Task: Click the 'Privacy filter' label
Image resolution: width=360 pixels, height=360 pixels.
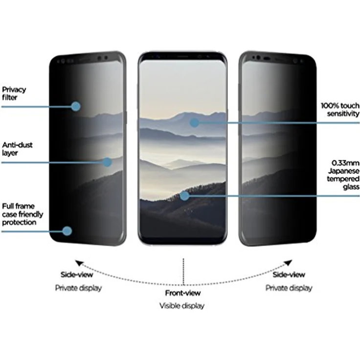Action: pos(14,93)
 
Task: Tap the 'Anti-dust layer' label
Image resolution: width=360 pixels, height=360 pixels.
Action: pos(17,149)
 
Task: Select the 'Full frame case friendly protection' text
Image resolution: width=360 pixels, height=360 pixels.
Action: pos(22,214)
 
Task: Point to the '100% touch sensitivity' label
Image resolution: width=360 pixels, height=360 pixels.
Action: pos(340,109)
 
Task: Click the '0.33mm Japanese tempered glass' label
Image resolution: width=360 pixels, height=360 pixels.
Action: pos(343,175)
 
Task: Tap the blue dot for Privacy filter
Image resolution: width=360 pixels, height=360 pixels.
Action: pos(76,106)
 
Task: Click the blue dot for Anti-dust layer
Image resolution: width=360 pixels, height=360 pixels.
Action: pos(107,162)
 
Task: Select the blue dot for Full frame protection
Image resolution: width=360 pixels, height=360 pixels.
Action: pos(67,231)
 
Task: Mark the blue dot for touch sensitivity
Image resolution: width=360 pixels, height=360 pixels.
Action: pos(194,123)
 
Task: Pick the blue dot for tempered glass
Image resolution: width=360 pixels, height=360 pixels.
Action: pos(184,196)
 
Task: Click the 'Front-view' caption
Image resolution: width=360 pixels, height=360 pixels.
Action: pos(183,293)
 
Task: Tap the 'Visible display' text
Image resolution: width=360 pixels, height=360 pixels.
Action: pos(182,306)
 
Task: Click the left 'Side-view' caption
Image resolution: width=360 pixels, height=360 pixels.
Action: pos(77,274)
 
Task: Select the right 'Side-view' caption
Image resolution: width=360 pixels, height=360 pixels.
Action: pos(289,274)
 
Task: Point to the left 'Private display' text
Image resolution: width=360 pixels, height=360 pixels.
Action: pos(78,288)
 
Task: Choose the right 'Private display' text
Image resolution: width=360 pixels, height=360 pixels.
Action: pos(289,288)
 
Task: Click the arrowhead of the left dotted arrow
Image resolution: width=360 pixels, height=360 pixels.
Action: pos(79,263)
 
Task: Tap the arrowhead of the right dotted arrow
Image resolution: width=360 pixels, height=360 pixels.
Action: pos(288,263)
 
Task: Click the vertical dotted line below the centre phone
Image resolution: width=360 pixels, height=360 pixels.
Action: pos(183,271)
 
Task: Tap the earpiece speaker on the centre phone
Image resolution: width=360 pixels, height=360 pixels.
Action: pos(183,56)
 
